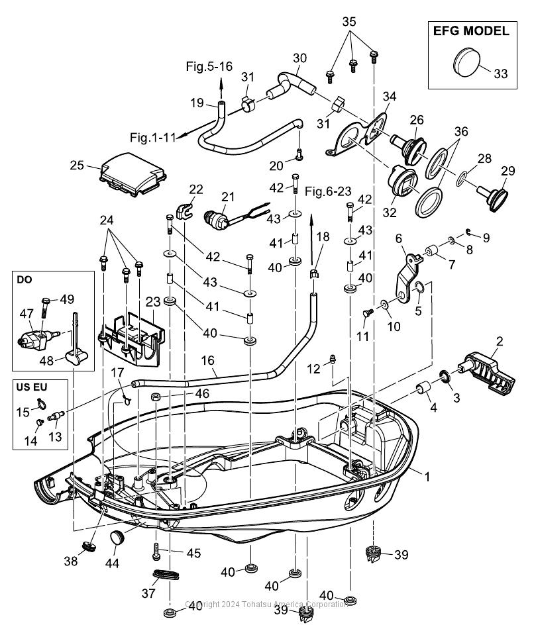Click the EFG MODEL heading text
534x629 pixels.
tap(471, 31)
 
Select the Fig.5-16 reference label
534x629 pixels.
tap(209, 66)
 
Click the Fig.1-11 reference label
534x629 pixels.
tap(153, 138)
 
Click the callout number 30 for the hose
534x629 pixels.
tap(299, 58)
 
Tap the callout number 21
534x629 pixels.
tap(228, 197)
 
